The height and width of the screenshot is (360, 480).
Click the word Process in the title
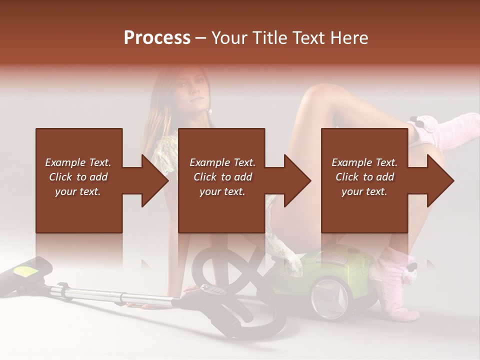tap(157, 38)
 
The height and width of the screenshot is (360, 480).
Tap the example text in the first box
tap(78, 177)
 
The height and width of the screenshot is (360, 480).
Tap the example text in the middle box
tap(222, 177)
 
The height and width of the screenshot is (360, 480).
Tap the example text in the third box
tap(364, 177)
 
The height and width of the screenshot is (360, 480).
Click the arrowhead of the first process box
tap(155, 180)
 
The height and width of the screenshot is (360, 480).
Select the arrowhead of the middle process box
tap(297, 180)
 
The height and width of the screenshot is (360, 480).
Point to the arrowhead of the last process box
tap(440, 180)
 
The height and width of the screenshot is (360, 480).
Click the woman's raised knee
tap(320, 92)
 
